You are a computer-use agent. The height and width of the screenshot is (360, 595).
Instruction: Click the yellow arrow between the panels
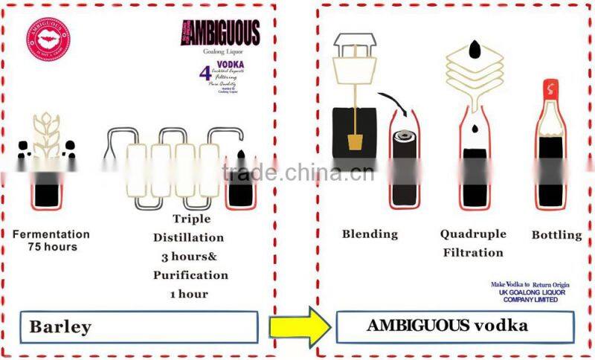(x=298, y=325)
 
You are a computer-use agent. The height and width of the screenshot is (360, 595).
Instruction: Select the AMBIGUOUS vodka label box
(x=455, y=326)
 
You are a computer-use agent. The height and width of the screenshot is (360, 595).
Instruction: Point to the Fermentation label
(x=51, y=234)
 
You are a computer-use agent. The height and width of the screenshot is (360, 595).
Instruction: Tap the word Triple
(x=191, y=219)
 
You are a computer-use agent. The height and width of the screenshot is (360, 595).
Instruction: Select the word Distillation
(x=189, y=237)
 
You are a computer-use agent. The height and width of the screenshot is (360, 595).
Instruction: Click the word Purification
(x=190, y=274)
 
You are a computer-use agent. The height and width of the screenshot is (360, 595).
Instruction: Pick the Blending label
(x=370, y=234)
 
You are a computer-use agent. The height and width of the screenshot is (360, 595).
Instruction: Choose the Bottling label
(x=556, y=235)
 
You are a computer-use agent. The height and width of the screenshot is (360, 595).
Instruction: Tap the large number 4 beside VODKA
(x=205, y=75)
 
